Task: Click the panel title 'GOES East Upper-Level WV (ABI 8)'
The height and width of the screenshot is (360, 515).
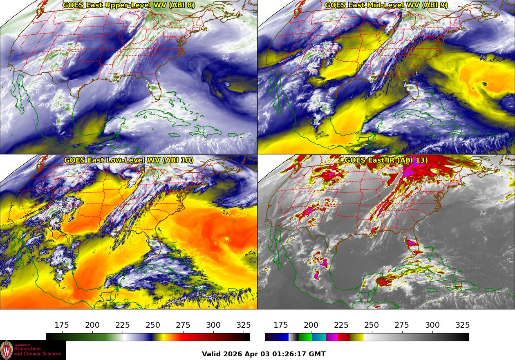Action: click(x=129, y=5)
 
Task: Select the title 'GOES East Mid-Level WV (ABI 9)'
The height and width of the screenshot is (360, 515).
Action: click(x=386, y=5)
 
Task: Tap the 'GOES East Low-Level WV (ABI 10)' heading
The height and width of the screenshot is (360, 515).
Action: click(x=129, y=160)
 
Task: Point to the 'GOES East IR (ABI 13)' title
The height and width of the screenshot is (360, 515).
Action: click(x=386, y=160)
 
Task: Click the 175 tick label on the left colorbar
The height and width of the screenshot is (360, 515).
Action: click(x=62, y=325)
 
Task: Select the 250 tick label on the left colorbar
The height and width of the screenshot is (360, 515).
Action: click(x=153, y=325)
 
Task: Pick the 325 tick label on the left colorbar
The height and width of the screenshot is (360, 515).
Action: click(x=244, y=325)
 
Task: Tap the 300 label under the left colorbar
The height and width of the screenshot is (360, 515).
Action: click(x=213, y=325)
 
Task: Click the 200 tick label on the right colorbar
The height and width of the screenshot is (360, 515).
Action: click(x=311, y=325)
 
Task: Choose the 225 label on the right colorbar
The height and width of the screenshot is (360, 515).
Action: click(x=341, y=325)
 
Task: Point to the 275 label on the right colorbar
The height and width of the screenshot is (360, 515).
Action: click(x=402, y=325)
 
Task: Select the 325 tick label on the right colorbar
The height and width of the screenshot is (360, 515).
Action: click(x=463, y=325)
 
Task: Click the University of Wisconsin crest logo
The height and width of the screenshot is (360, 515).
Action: click(x=7, y=350)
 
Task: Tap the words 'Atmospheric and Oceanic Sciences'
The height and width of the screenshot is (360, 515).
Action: click(x=37, y=351)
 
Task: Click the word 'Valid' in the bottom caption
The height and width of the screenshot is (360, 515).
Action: click(x=212, y=354)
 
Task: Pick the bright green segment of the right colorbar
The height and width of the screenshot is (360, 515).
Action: click(x=305, y=337)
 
